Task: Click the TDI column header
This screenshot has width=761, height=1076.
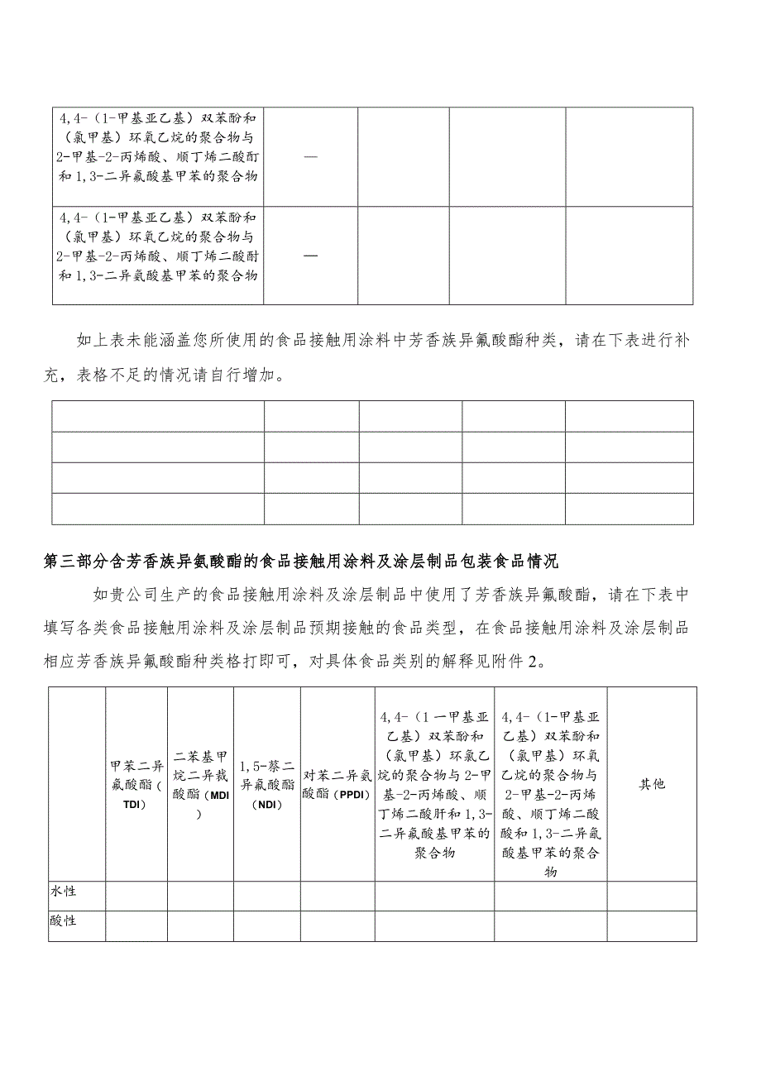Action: pyautogui.click(x=136, y=782)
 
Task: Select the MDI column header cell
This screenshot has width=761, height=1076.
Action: pyautogui.click(x=200, y=782)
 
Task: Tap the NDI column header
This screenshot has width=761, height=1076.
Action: pyautogui.click(x=266, y=782)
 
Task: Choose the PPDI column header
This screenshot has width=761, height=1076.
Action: pyautogui.click(x=337, y=782)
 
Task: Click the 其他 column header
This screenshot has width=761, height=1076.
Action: pyautogui.click(x=651, y=782)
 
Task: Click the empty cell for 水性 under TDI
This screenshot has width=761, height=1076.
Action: pyautogui.click(x=136, y=896)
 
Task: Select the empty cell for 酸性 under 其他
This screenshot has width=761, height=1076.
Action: pyautogui.click(x=651, y=925)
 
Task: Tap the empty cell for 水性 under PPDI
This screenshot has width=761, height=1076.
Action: pyautogui.click(x=337, y=896)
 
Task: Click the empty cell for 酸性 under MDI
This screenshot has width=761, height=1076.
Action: pyautogui.click(x=200, y=925)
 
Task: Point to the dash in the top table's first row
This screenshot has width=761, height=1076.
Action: pyautogui.click(x=311, y=155)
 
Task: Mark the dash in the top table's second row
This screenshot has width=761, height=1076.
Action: pyautogui.click(x=311, y=255)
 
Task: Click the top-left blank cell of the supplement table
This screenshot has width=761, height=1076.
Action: pyautogui.click(x=157, y=416)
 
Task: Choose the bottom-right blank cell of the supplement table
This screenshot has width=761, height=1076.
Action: pyautogui.click(x=629, y=509)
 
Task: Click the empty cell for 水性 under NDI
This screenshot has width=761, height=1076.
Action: pyautogui.click(x=266, y=896)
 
